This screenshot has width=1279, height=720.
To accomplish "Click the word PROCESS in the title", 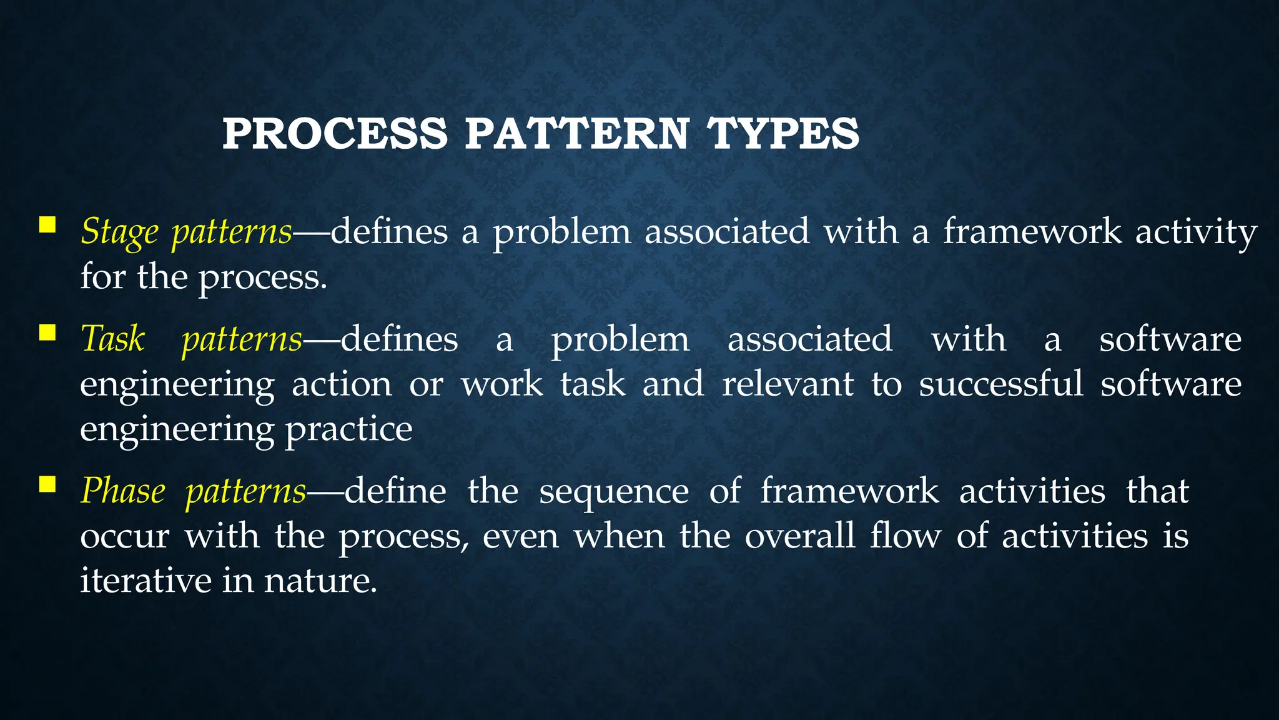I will coord(335,134).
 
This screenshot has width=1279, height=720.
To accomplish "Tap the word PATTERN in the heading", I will coord(576,134).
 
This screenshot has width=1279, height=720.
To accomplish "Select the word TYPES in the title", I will coord(783,134).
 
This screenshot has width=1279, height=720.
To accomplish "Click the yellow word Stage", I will coord(119,232).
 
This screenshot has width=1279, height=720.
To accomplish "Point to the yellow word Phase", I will coord(123,491).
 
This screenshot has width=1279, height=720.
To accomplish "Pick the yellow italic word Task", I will coord(113,339).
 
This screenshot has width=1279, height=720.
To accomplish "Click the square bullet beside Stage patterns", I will coord(47,224).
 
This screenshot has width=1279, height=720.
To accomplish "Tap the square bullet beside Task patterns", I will coord(47,332).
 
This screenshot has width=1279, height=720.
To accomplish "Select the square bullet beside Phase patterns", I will coord(47,484).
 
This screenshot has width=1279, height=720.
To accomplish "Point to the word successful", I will coord(1000,384).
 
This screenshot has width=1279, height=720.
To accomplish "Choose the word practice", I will coord(348,430).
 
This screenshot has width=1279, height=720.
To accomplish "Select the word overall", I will coord(799,536).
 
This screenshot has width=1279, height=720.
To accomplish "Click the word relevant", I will coord(788,384).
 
